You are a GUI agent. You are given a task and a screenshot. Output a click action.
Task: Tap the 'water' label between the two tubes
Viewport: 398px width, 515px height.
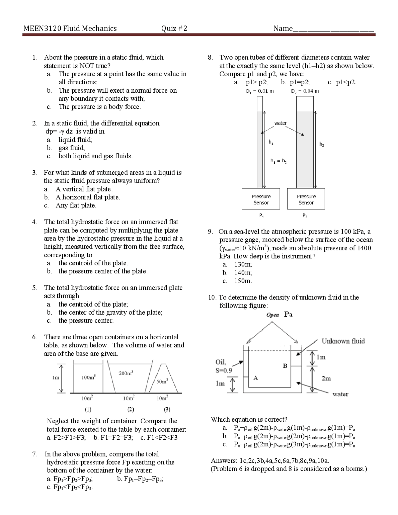coord(280,123)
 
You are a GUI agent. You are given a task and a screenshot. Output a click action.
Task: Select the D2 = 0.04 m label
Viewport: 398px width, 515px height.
coord(305,91)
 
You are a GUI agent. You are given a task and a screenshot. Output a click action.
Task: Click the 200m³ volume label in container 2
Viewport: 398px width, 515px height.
coord(126,373)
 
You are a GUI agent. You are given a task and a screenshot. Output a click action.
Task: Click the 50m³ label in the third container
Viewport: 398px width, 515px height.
coord(162,381)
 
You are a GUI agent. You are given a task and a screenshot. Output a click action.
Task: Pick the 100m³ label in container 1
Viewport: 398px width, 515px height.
coord(88,377)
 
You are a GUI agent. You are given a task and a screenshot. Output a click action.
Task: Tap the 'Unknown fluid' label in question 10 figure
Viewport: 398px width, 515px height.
coord(343,341)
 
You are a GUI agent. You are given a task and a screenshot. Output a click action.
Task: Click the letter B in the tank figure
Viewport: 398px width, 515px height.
coord(285,366)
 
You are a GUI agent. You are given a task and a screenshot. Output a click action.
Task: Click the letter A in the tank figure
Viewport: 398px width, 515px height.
coord(256,378)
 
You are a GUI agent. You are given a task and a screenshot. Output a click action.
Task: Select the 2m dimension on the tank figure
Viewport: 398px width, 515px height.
coord(326,378)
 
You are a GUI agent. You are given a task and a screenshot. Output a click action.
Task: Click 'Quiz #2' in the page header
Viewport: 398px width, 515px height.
coord(174,29)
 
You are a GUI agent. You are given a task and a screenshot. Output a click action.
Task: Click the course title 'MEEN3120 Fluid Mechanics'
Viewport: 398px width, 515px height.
coord(70,29)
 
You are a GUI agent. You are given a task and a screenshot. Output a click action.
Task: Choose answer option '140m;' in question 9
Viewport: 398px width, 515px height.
coord(243,273)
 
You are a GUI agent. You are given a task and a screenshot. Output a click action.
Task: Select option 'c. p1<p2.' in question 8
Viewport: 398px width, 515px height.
coord(342,82)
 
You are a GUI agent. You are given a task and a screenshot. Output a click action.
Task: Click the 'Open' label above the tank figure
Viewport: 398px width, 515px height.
coord(273,315)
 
